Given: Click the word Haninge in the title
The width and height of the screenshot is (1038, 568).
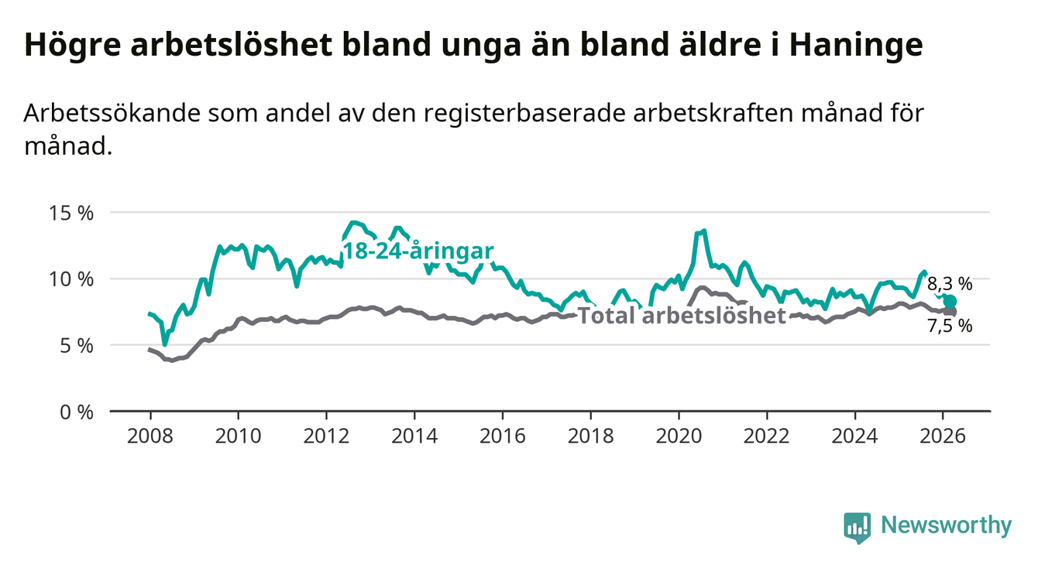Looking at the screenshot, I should point(856,45).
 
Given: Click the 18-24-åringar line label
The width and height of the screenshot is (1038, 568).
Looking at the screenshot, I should point(418,251).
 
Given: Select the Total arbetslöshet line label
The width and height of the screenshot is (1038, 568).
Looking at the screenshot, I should point(682,316).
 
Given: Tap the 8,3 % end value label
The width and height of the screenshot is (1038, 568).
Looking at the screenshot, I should point(950,284).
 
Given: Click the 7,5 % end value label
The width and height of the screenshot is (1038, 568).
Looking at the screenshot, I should point(950,326).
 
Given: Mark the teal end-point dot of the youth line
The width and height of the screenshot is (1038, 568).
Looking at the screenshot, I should point(950,301).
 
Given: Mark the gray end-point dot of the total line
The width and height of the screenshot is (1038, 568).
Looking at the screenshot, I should point(950,311).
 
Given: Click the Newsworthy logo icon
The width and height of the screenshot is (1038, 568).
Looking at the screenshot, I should point(857,527).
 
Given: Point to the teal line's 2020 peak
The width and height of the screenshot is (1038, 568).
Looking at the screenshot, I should point(703,231).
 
